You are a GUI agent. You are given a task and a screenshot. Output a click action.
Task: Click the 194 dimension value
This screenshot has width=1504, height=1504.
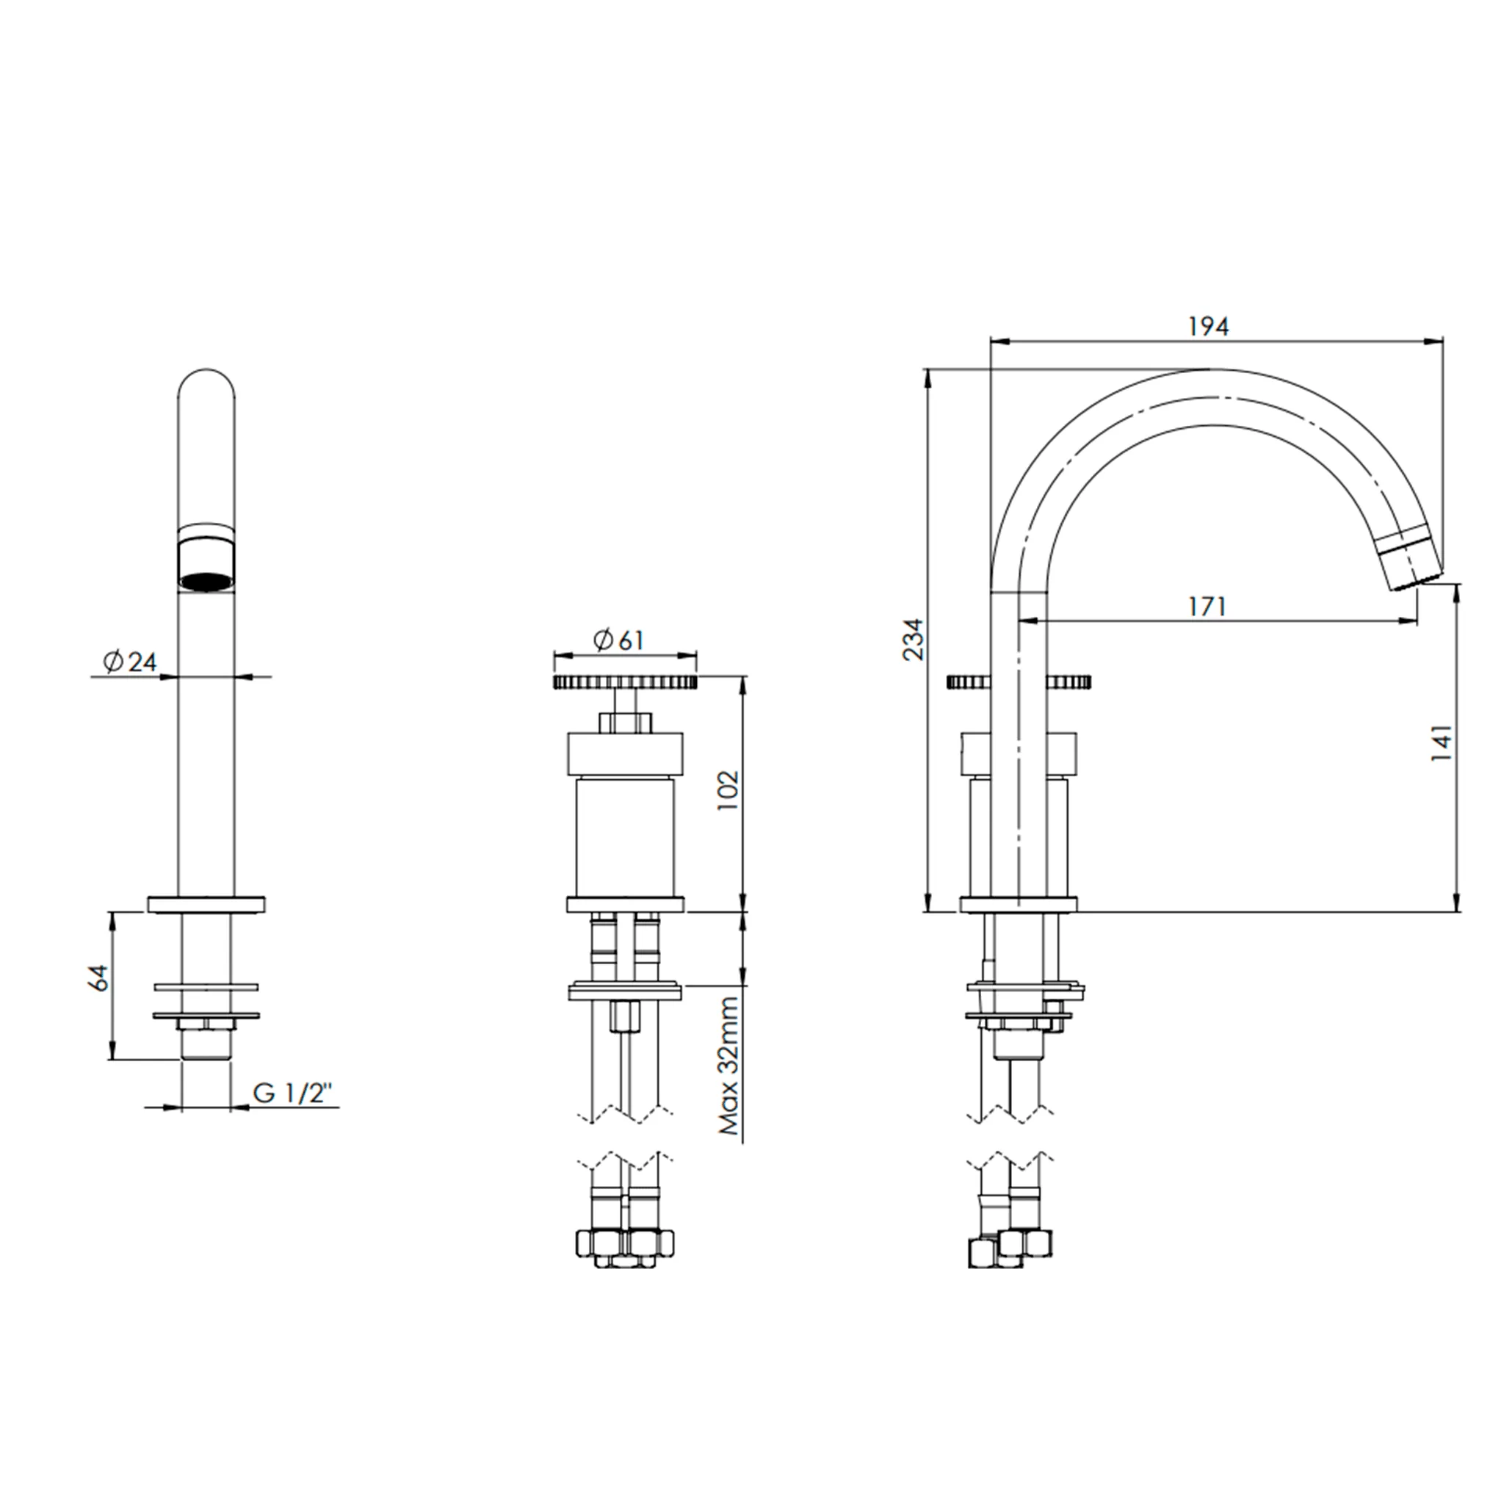point(1207,326)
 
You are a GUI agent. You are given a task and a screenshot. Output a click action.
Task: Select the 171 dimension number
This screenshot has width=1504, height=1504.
point(1207,606)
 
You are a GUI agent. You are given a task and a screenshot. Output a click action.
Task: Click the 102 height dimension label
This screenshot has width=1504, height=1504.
point(726,790)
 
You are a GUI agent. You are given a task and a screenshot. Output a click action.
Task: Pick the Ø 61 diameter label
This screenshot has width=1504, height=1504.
point(618,640)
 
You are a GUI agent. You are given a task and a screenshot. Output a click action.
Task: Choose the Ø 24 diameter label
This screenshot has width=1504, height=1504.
point(130,662)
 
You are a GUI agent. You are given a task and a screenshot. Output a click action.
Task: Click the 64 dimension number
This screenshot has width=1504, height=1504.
point(100,977)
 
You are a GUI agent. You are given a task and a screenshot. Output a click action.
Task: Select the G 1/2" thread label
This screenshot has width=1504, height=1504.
point(293,1093)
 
